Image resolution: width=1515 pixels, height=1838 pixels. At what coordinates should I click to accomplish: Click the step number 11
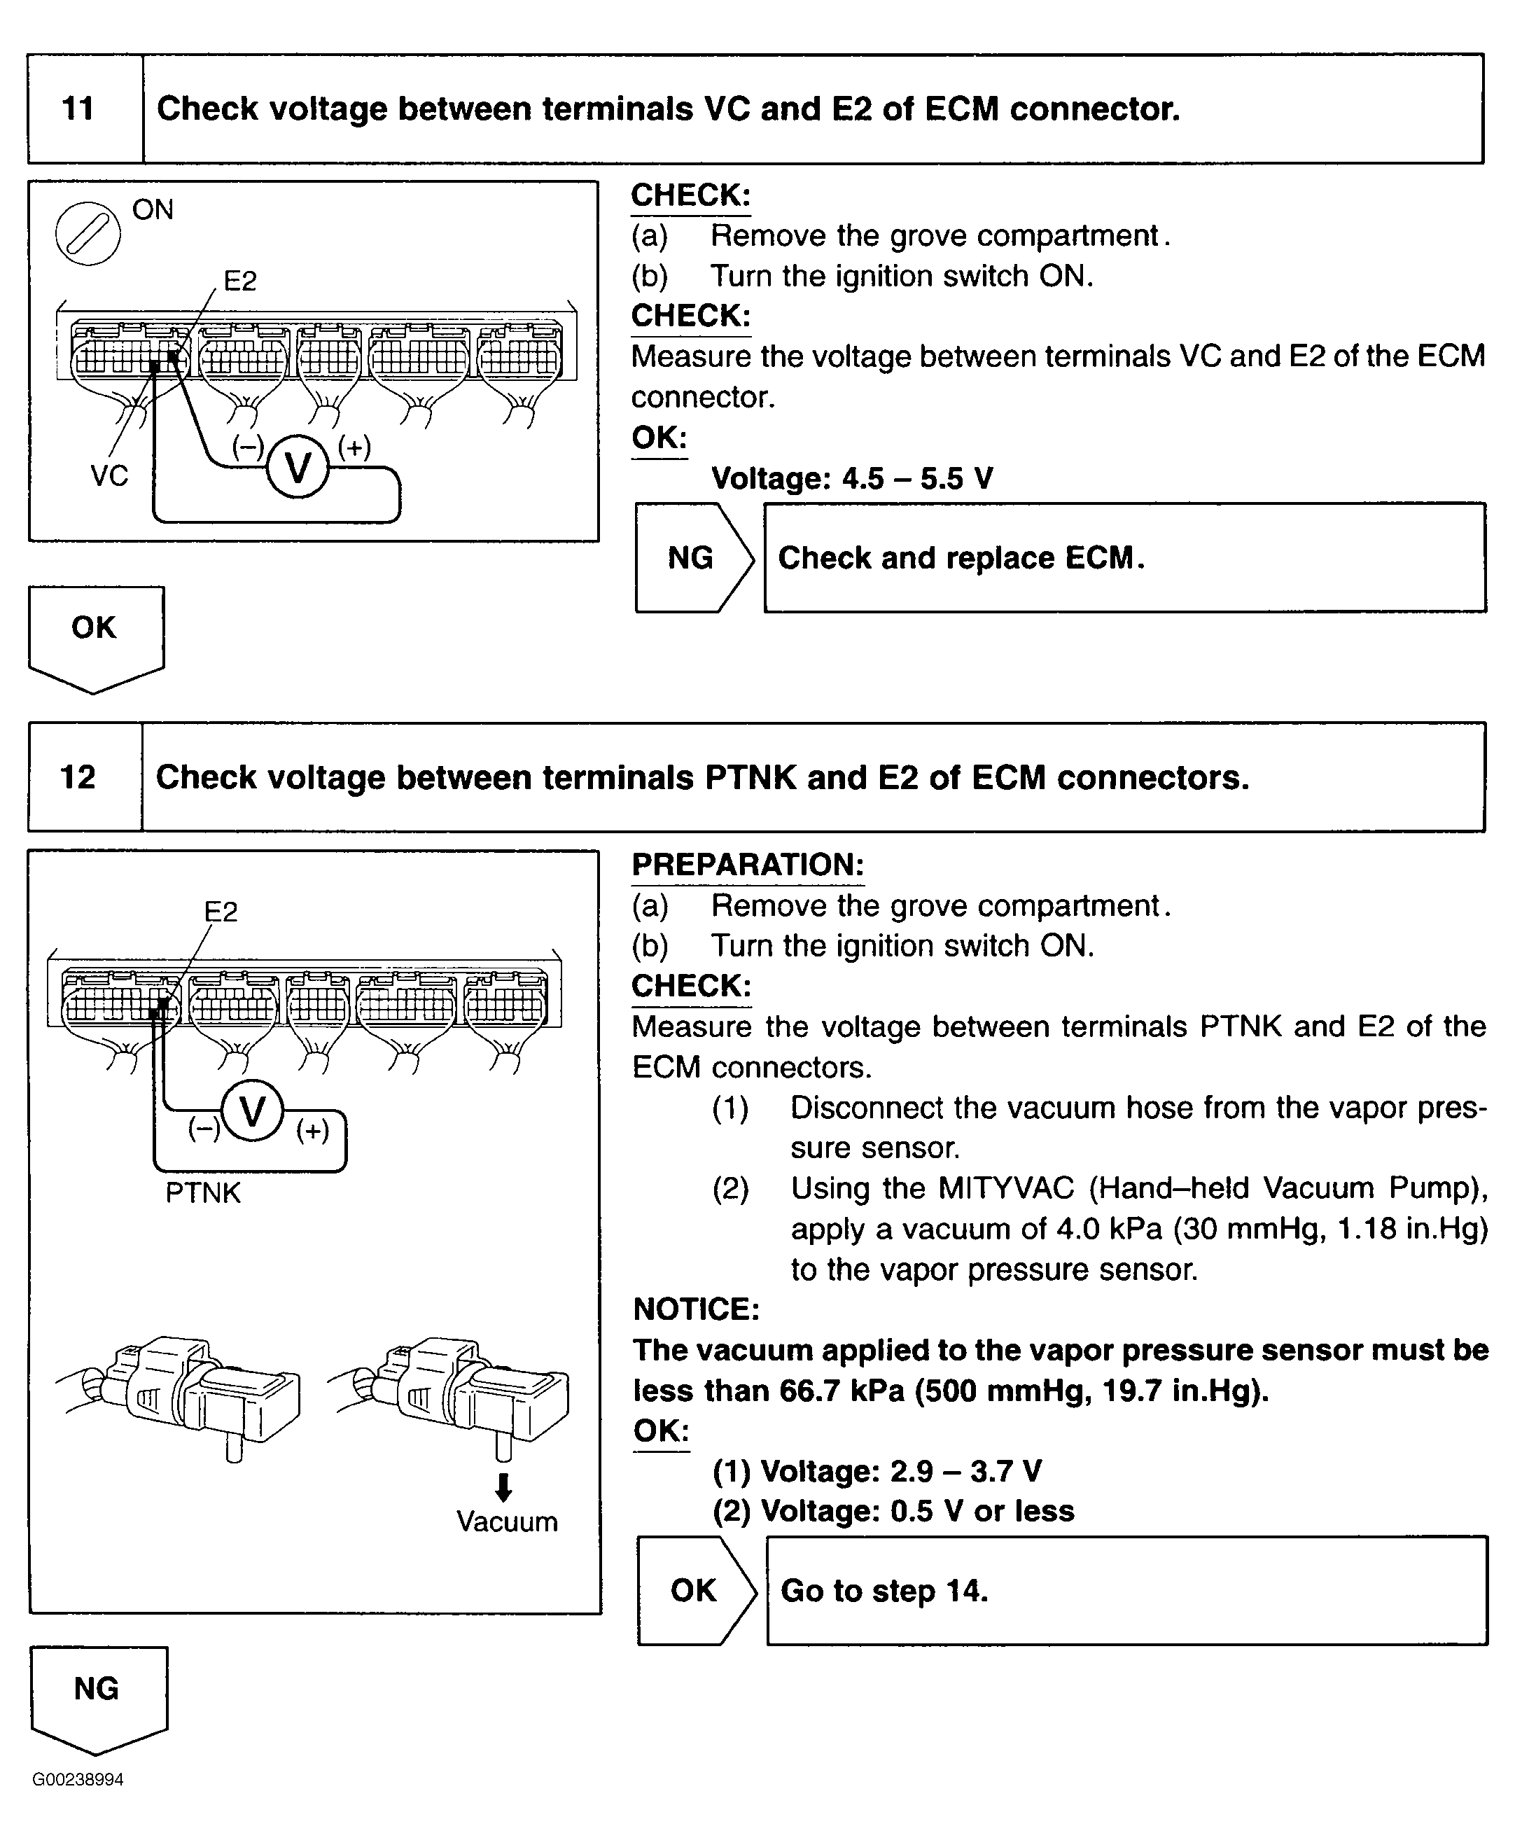click(78, 109)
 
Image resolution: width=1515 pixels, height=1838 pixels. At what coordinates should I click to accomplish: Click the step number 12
click(78, 777)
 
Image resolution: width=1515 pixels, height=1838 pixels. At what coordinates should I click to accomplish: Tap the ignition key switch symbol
click(88, 233)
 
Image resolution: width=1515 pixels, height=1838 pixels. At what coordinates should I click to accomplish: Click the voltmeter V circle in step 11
click(298, 468)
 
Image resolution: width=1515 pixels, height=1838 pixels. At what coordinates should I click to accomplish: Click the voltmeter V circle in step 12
click(252, 1112)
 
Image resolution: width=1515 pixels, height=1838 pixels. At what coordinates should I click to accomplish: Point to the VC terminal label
click(109, 475)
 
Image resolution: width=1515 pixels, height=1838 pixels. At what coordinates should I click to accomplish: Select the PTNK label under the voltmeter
click(202, 1192)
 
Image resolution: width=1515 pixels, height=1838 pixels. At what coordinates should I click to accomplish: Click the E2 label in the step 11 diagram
click(240, 281)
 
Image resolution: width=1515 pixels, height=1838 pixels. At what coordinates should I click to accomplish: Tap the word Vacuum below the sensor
click(507, 1522)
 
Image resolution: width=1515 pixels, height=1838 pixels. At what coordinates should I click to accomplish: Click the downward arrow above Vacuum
click(503, 1487)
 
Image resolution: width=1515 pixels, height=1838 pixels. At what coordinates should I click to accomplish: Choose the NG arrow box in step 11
click(693, 557)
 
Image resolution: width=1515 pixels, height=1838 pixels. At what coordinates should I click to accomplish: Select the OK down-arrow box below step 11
click(95, 634)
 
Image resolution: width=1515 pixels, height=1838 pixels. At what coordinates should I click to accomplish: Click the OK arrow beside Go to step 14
click(695, 1590)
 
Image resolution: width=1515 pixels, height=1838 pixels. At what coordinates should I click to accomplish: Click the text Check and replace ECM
click(961, 557)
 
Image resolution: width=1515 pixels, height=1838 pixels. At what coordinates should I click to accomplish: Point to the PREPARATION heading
click(748, 864)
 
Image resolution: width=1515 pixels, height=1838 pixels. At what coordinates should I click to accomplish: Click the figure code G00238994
click(78, 1779)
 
